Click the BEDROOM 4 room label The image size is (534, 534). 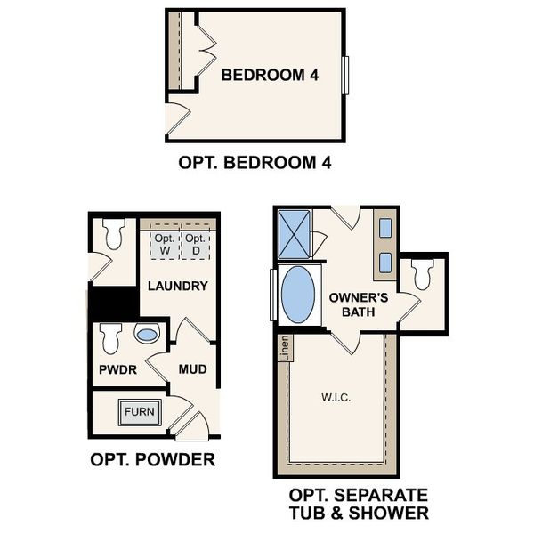click(270, 76)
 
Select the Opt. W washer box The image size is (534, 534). click(164, 245)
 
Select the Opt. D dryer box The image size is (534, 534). click(195, 245)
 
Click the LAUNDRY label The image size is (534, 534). click(177, 287)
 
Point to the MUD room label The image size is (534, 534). click(193, 368)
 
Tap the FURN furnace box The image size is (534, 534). click(138, 412)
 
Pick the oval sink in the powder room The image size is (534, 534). click(146, 336)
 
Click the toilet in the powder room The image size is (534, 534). click(110, 338)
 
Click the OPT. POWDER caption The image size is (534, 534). click(152, 460)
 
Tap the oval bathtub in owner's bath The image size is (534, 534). click(299, 295)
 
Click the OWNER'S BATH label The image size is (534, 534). click(358, 304)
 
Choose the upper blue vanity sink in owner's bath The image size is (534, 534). click(385, 229)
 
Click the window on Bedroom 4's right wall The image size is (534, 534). click(349, 75)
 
